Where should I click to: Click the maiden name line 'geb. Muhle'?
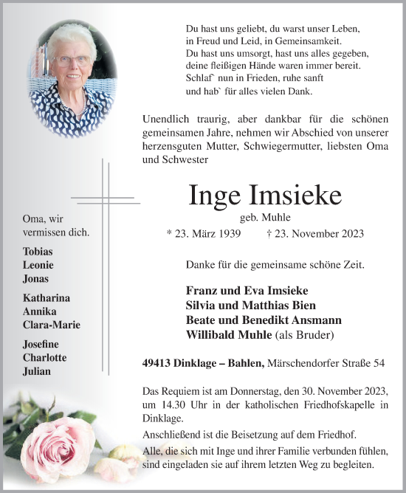[x=265, y=217]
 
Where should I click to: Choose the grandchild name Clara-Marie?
[x=52, y=325]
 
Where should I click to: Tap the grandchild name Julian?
[x=37, y=371]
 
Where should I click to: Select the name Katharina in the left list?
[x=47, y=298]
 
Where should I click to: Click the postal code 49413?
[x=157, y=362]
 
